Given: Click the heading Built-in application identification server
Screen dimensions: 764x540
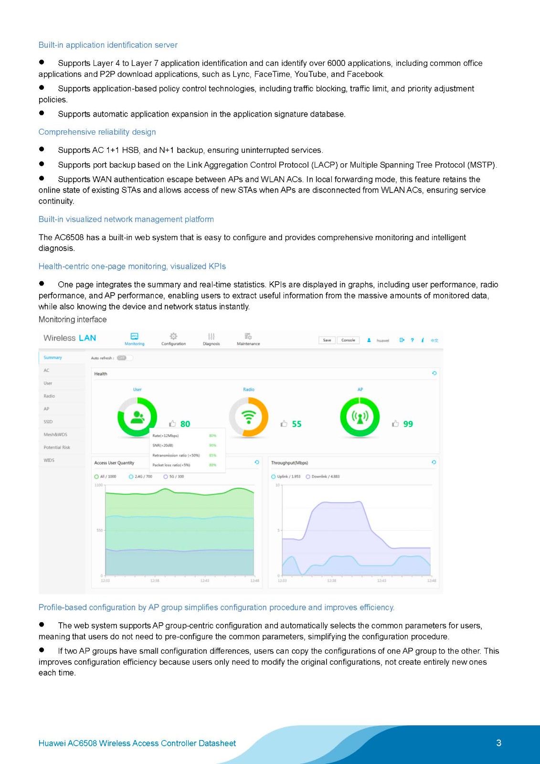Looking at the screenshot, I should tap(108, 45).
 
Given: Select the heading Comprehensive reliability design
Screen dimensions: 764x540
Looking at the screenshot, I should tap(97, 132).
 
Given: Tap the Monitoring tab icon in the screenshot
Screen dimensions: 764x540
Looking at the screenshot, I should tap(135, 337).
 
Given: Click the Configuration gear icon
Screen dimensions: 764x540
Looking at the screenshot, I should tap(173, 337).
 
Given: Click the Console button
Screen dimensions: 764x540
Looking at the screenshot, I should tap(348, 340).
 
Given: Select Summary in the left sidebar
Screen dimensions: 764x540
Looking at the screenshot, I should tap(53, 358).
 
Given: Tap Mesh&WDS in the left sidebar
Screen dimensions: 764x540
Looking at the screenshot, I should tap(55, 435).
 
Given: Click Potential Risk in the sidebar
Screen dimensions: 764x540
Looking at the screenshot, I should tap(57, 447).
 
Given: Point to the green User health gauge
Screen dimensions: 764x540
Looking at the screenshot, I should tap(137, 417).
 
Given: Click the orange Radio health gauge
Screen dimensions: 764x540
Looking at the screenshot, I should tap(248, 417).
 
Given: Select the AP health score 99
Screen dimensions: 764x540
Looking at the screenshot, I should tap(408, 424).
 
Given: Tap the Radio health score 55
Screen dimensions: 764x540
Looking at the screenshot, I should tap(296, 424).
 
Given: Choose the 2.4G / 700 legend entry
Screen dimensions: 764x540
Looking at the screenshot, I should tap(141, 477).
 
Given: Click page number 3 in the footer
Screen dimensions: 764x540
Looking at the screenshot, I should tap(498, 743).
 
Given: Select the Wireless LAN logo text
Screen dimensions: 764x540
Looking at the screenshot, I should tap(70, 338).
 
